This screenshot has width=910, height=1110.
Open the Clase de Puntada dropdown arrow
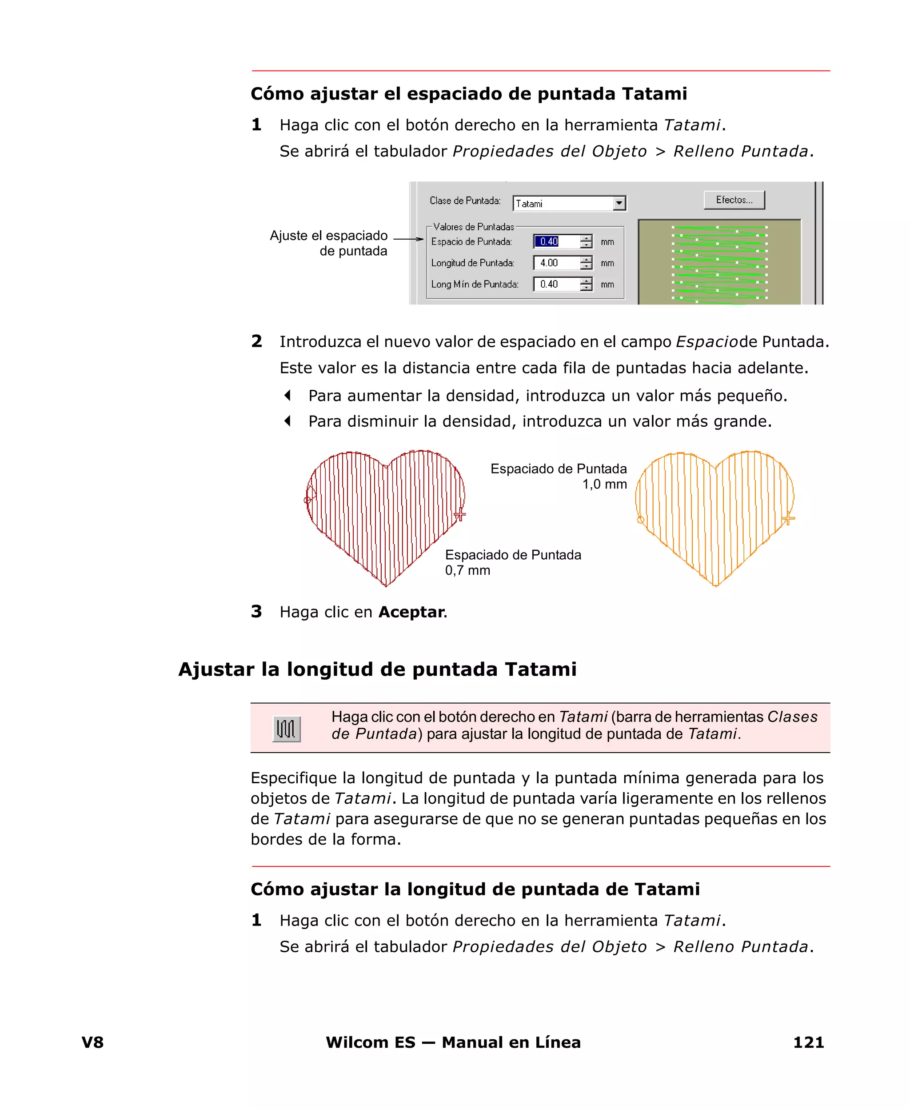[619, 203]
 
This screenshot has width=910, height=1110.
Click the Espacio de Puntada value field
[556, 241]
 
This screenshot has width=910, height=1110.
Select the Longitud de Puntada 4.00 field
[556, 263]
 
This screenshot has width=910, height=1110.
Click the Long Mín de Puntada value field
[556, 284]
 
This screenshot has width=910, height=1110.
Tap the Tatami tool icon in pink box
[286, 728]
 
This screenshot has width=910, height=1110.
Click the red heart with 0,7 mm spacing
[385, 514]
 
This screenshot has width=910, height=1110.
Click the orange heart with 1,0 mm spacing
[715, 514]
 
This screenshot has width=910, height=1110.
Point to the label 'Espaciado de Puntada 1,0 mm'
[559, 476]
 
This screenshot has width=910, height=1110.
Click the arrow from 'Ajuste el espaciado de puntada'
[408, 239]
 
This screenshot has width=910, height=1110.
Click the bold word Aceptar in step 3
[411, 612]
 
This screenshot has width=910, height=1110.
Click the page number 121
[808, 1042]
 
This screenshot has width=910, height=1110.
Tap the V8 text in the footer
[93, 1042]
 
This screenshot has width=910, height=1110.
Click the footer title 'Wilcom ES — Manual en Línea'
[453, 1042]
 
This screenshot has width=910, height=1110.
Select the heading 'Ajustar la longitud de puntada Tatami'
[377, 669]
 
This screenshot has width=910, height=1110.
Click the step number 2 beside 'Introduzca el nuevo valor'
[256, 341]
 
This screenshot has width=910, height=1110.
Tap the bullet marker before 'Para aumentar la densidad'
[287, 395]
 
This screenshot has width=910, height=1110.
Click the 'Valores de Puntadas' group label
[473, 227]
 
